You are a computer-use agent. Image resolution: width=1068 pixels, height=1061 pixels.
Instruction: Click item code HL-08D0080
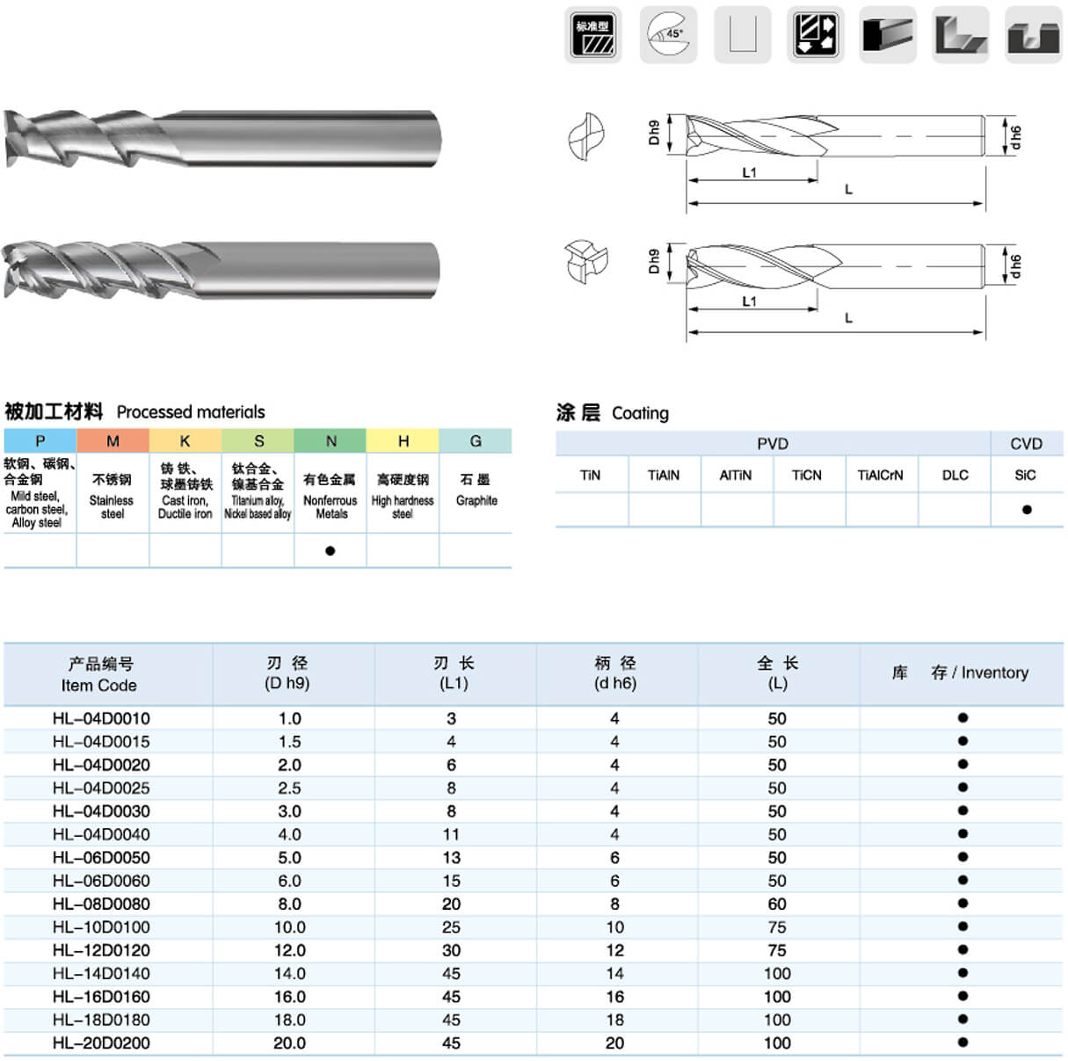[x=101, y=904]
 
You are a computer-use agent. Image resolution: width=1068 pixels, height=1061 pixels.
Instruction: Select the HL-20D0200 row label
[x=101, y=1043]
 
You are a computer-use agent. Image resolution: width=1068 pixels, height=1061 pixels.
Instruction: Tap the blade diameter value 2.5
[x=289, y=788]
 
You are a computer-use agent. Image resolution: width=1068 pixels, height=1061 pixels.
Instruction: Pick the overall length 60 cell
[x=777, y=904]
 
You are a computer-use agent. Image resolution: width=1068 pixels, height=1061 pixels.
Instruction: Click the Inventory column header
[x=960, y=672]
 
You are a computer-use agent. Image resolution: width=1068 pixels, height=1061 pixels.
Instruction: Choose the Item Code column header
[x=99, y=674]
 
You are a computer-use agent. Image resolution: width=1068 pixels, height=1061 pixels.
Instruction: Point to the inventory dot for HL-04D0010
[x=963, y=718]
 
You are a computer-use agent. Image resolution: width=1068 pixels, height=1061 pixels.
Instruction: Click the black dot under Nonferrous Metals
[x=330, y=551]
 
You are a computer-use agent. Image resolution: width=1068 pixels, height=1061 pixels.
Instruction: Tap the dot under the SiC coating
[x=1026, y=510]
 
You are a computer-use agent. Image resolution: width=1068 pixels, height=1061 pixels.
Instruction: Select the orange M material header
[x=113, y=441]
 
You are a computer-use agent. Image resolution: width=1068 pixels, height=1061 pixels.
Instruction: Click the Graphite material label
[x=476, y=501]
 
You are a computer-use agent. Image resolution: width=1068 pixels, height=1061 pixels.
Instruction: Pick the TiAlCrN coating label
[x=880, y=476]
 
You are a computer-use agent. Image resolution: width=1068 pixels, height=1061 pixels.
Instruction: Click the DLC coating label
[x=955, y=476]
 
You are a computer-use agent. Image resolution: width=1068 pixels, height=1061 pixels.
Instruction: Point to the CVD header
[x=1026, y=444]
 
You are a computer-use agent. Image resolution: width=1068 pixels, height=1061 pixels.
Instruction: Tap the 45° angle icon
[x=668, y=35]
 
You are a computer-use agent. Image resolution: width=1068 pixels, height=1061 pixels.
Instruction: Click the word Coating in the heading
[x=640, y=413]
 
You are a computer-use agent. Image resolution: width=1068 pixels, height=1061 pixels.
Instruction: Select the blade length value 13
[x=451, y=857]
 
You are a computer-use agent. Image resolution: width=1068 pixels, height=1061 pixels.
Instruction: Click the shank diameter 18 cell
[x=614, y=1020]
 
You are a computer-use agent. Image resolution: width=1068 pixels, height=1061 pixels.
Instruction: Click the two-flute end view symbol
[x=585, y=136]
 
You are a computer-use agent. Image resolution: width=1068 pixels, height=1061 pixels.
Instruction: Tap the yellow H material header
[x=403, y=441]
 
